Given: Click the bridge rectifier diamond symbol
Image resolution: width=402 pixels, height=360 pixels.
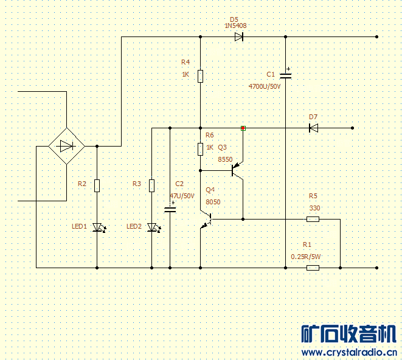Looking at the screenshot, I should [66, 146].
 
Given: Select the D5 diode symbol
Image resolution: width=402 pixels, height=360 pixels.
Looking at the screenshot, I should [239, 36].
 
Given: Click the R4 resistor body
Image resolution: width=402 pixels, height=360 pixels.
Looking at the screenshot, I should [200, 75].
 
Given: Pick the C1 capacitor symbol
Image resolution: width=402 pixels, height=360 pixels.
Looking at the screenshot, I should [286, 75].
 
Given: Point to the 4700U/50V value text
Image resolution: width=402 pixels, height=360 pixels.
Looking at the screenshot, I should [265, 87].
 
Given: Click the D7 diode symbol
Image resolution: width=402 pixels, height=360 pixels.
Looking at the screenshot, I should [313, 128].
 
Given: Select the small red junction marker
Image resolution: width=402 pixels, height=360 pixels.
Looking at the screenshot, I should [243, 128].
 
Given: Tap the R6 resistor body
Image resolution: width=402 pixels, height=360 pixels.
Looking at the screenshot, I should [200, 149].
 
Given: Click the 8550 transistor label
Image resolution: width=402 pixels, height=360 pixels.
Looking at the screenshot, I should [225, 159].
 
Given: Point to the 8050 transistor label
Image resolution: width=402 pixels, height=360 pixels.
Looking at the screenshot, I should [213, 202].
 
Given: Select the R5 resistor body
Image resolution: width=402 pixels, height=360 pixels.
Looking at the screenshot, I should [313, 219].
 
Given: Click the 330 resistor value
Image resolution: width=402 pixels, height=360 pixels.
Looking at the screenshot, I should [314, 208].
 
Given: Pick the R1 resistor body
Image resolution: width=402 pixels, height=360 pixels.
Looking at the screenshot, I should [313, 268].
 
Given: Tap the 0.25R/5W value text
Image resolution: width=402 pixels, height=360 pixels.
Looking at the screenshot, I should [306, 257].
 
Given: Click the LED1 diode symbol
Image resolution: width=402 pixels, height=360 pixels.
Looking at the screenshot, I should [97, 228].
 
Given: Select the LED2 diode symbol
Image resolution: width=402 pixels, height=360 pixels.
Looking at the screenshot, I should [152, 228].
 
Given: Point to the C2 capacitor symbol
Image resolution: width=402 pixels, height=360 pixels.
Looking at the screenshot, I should [170, 210].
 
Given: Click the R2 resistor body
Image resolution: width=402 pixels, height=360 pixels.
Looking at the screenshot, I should [97, 185].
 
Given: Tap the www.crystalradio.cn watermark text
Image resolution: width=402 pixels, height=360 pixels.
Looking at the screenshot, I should [349, 352].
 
